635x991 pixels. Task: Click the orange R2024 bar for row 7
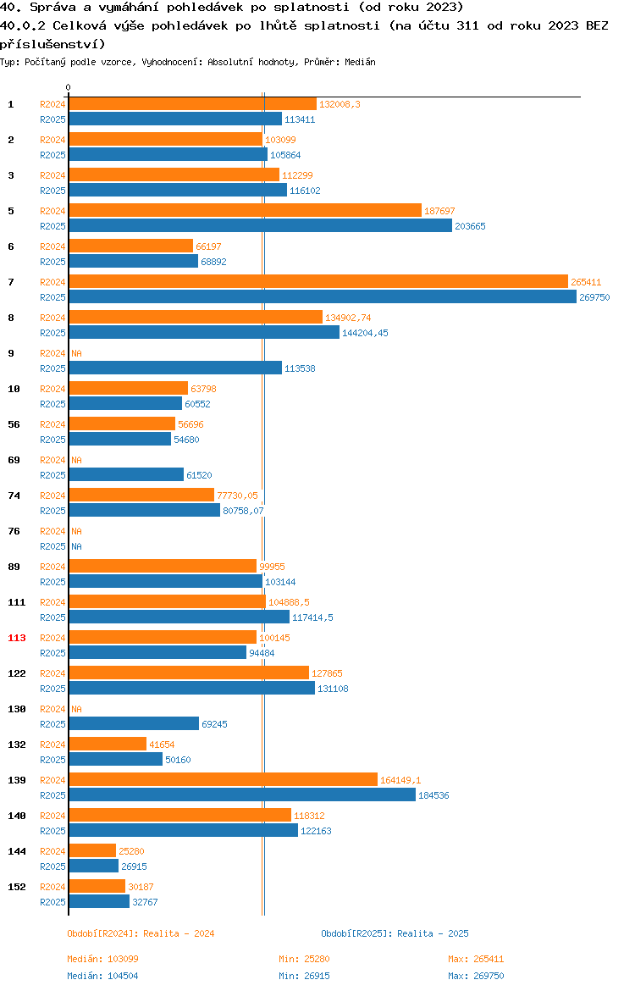318,281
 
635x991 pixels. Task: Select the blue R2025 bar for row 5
260,225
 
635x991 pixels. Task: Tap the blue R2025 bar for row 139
242,794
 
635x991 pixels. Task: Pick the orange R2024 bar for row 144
92,850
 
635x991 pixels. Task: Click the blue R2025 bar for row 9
175,368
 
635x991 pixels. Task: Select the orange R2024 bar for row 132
108,744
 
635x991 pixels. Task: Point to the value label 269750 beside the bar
594,297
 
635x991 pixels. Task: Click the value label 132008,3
340,104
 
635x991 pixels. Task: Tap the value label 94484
262,653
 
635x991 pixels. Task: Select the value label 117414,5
312,617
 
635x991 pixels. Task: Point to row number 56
14,424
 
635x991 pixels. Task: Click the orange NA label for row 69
76,460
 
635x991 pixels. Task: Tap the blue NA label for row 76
76,546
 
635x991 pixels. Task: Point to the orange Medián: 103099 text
102,959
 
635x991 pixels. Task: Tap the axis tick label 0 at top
69,87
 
